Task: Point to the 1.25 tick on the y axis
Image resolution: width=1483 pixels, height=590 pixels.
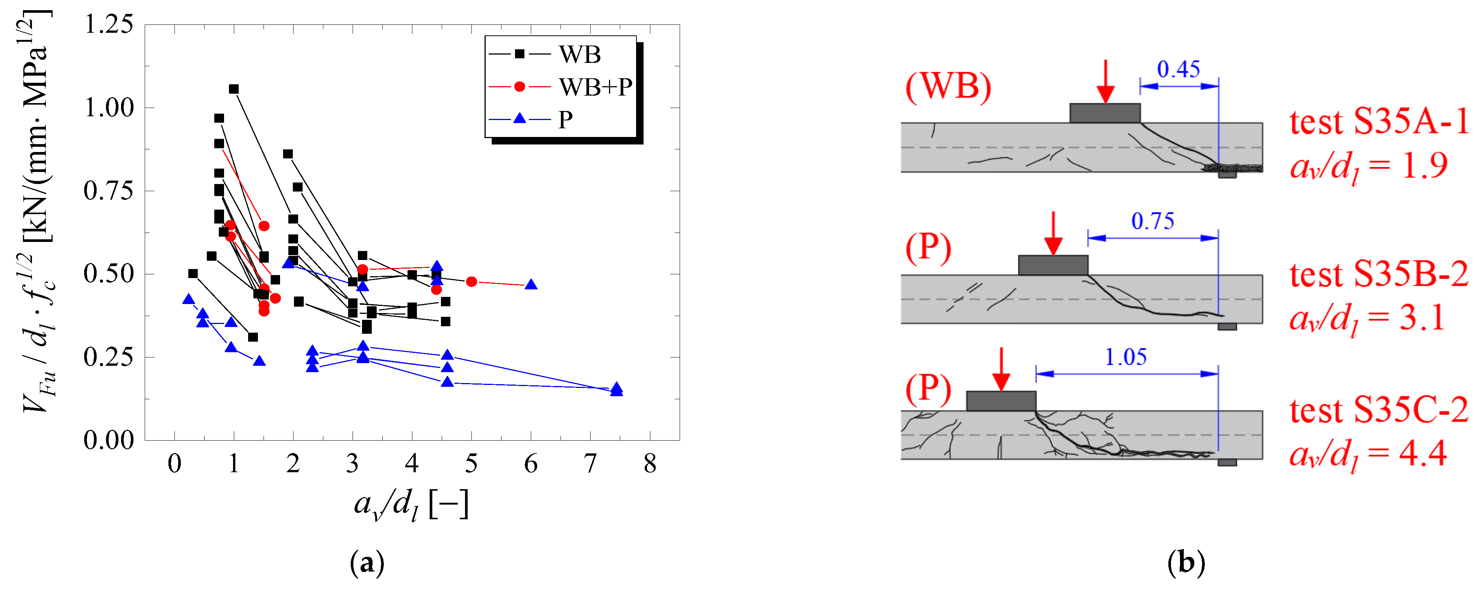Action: (x=109, y=24)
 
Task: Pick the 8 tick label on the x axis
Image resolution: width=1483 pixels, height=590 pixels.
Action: (x=650, y=463)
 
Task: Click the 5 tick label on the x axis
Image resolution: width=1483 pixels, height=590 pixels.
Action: (x=471, y=463)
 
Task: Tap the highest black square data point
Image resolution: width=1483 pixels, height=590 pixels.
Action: (x=234, y=89)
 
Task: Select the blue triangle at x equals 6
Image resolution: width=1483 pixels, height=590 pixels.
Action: (x=531, y=284)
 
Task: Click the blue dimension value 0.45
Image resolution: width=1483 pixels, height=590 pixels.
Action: (x=1179, y=69)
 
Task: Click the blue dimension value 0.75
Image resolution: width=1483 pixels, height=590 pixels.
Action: (x=1153, y=221)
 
